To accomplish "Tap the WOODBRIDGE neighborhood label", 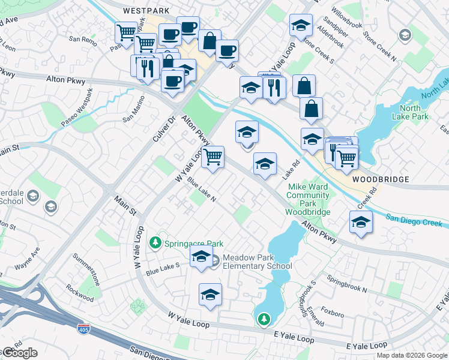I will pyautogui.click(x=381, y=179).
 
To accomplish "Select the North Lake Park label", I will pyautogui.click(x=410, y=112).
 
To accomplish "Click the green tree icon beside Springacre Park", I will pyautogui.click(x=155, y=243).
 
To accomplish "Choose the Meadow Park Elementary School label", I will pyautogui.click(x=257, y=262).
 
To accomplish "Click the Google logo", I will pyautogui.click(x=19, y=353).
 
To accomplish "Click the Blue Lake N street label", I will pyautogui.click(x=200, y=190).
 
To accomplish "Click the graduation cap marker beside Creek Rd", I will pyautogui.click(x=360, y=222).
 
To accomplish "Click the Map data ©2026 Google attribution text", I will pyautogui.click(x=411, y=355).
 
